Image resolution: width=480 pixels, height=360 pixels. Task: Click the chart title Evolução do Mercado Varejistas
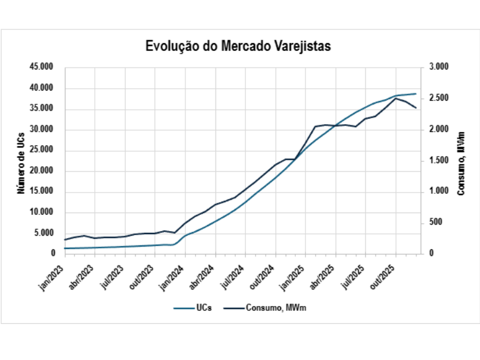tap(238, 46)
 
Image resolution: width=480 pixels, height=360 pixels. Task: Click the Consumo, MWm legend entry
tap(268, 308)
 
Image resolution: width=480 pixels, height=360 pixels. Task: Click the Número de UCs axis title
tap(20, 160)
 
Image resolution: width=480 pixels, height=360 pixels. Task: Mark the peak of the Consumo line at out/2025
tap(395, 98)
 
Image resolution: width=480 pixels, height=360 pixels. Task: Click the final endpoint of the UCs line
tap(416, 94)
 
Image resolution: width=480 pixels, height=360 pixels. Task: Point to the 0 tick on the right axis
tap(431, 254)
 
